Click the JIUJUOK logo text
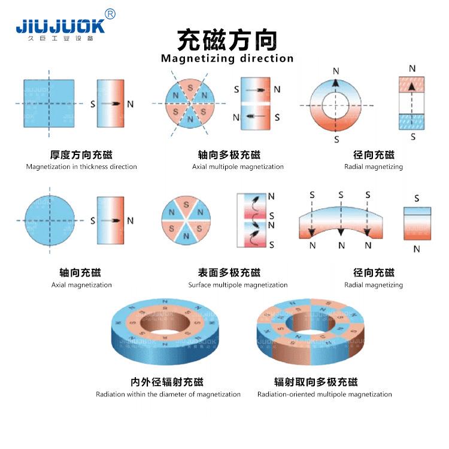pos(60,26)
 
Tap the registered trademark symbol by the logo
pos(110,14)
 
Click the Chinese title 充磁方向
pos(227,40)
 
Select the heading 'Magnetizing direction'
pos(227,59)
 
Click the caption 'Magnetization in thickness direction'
pos(81,166)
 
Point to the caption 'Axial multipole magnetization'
pos(238,166)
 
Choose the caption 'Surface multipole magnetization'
pos(238,285)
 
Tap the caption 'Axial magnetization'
pos(81,285)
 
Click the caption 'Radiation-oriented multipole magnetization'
pos(324,394)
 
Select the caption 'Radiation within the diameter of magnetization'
pos(168,394)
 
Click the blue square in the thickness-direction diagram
pos(49,103)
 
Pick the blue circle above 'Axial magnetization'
pos(50,221)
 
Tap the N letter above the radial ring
pos(336,71)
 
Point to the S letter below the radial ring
pos(336,139)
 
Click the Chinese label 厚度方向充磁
pos(81,154)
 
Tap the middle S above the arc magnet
pos(341,195)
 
